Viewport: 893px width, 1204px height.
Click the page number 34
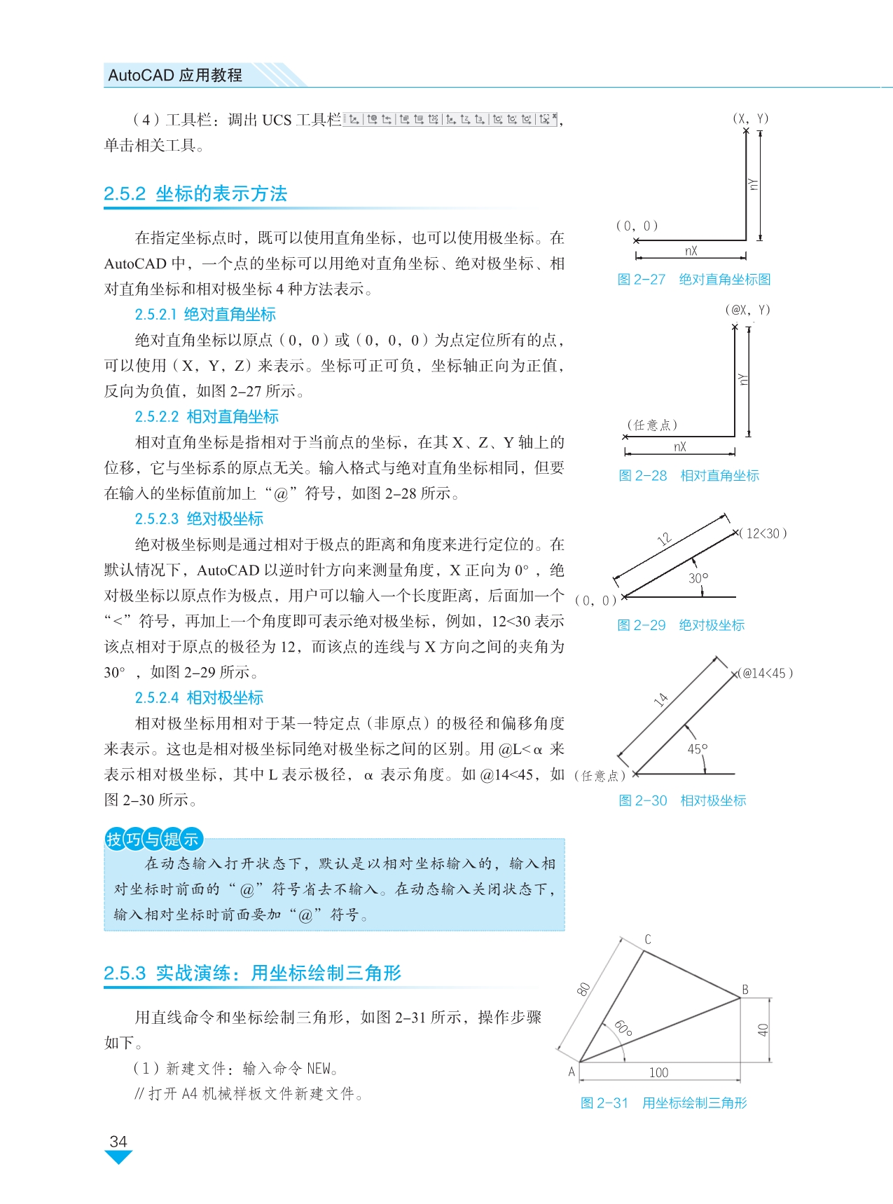click(118, 1142)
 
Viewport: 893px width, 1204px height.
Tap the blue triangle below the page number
click(118, 1157)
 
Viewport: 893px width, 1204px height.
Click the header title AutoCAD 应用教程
click(175, 75)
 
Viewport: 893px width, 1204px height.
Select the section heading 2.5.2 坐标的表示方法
click(195, 194)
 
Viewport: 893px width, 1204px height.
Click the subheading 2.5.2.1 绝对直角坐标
click(205, 315)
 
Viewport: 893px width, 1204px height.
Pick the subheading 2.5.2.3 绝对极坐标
click(199, 519)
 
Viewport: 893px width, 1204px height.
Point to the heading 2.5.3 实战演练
click(252, 973)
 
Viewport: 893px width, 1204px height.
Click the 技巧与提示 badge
click(153, 839)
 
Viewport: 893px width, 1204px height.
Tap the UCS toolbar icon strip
click(451, 119)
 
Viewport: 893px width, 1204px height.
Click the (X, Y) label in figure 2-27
click(750, 118)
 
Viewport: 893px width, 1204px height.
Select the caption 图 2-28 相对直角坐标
click(688, 476)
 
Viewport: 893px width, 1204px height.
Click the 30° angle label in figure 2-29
click(698, 578)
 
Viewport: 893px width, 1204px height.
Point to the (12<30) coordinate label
click(764, 533)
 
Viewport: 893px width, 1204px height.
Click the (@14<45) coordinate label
click(766, 673)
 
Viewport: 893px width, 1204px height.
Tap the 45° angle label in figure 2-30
click(698, 748)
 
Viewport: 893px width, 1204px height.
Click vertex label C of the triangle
click(648, 939)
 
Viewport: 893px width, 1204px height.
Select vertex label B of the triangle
click(745, 990)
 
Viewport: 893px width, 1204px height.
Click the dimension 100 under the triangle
click(658, 1072)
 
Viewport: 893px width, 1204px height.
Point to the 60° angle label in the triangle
click(623, 1029)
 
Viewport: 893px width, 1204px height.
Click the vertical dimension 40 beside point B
click(763, 1029)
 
